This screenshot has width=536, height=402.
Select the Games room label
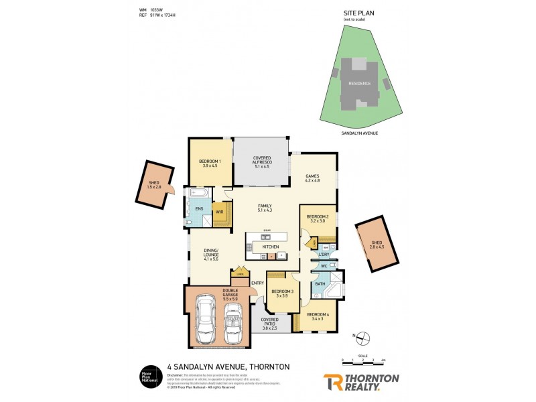click(x=312, y=178)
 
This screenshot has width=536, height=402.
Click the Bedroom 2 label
click(x=317, y=218)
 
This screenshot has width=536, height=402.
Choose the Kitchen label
click(x=270, y=247)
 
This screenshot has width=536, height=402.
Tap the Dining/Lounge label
click(x=211, y=255)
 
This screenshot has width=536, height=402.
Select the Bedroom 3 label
click(x=281, y=293)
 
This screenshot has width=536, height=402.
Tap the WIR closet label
click(x=219, y=212)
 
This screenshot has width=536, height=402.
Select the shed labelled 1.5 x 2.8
click(x=155, y=184)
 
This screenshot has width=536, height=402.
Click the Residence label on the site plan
click(x=360, y=83)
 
